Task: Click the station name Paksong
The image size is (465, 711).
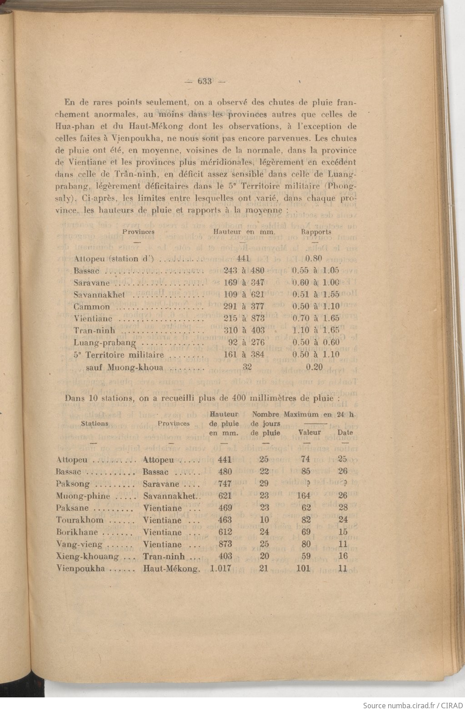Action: pyautogui.click(x=73, y=484)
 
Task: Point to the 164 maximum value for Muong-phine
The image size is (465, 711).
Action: pyautogui.click(x=303, y=496)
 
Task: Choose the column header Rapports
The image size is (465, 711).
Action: pyautogui.click(x=316, y=232)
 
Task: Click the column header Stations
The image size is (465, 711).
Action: pyautogui.click(x=95, y=424)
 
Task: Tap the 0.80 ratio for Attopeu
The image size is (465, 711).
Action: pyautogui.click(x=314, y=259)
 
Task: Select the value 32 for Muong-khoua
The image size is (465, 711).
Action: pyautogui.click(x=247, y=367)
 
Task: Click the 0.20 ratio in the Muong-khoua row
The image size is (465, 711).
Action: pyautogui.click(x=314, y=367)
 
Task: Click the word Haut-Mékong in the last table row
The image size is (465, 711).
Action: pyautogui.click(x=170, y=568)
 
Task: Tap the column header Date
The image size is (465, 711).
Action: pyautogui.click(x=345, y=433)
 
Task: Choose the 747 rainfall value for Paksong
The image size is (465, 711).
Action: pyautogui.click(x=225, y=484)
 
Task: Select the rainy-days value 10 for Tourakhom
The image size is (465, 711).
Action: pyautogui.click(x=264, y=520)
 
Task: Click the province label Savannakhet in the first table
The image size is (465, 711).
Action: pyautogui.click(x=99, y=295)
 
